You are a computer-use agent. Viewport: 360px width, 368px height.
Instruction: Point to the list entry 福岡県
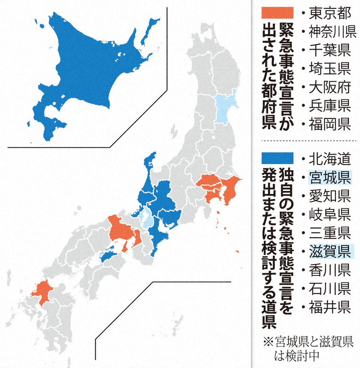pos(325,125)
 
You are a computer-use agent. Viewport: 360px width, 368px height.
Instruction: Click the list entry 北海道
pos(325,158)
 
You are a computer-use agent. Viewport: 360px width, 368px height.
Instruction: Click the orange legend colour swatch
pos(276,12)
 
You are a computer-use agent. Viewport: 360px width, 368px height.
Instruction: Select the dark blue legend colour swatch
pos(276,158)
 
